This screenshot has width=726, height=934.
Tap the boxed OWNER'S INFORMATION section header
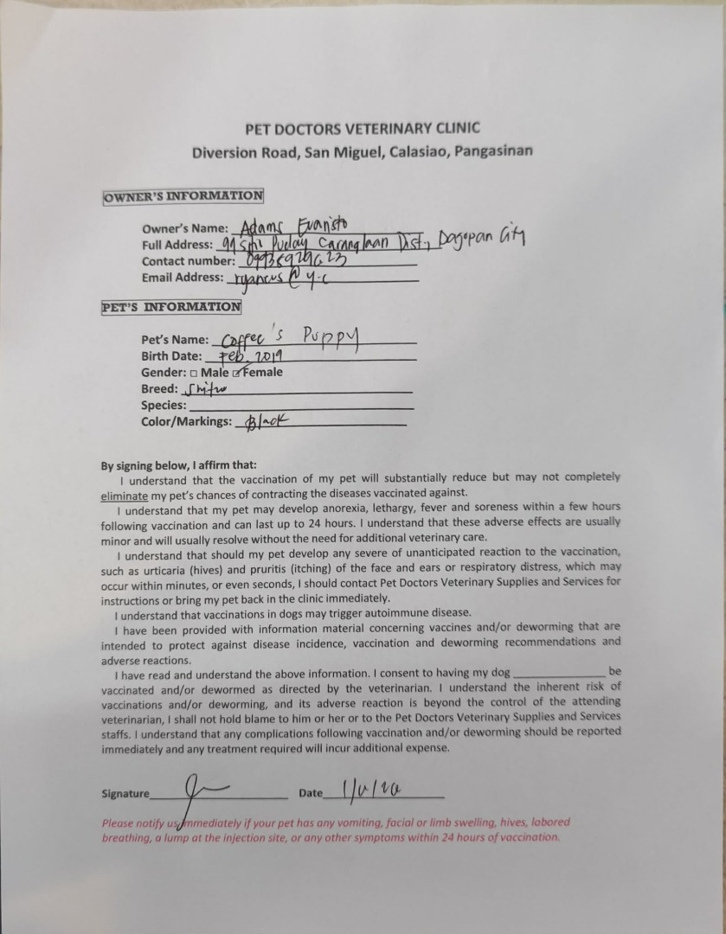point(183,196)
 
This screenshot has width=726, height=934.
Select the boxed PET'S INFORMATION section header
point(171,307)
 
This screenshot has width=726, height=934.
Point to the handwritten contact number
point(291,260)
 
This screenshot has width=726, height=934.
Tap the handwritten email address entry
point(269,278)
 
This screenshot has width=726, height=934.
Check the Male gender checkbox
point(194,373)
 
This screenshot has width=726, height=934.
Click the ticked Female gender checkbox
point(236,373)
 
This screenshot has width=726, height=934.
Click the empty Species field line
point(299,406)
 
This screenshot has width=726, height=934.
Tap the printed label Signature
point(125,794)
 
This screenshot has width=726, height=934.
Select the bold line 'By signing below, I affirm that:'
point(178,464)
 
